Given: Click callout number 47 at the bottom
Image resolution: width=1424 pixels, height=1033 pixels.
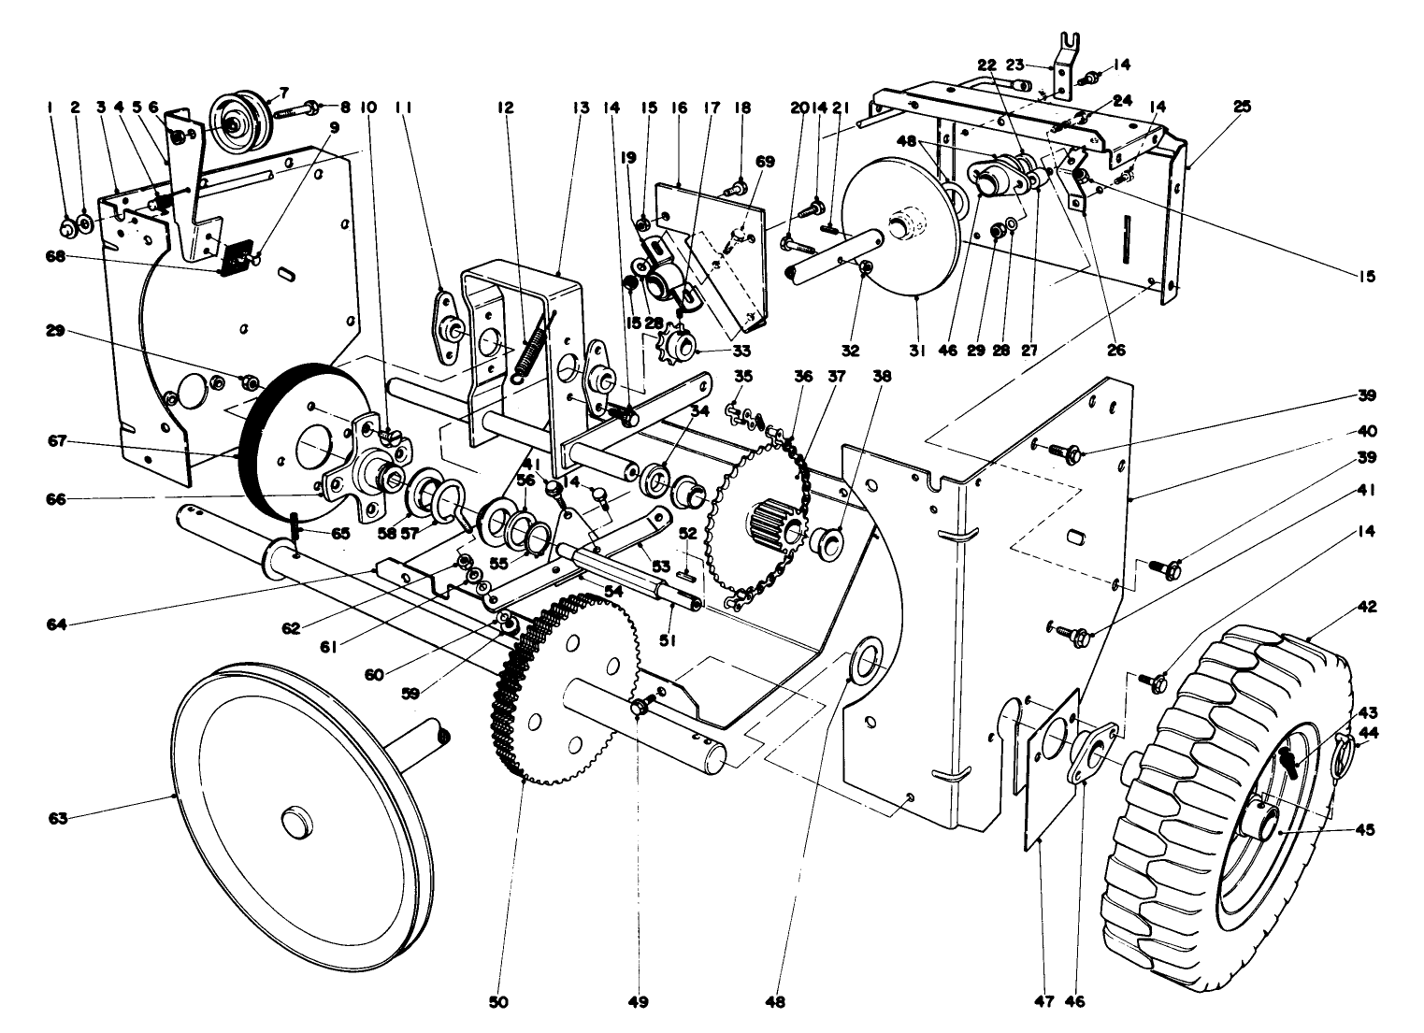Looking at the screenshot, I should pos(1044,1003).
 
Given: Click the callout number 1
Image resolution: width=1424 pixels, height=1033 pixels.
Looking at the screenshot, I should pos(49,108).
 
